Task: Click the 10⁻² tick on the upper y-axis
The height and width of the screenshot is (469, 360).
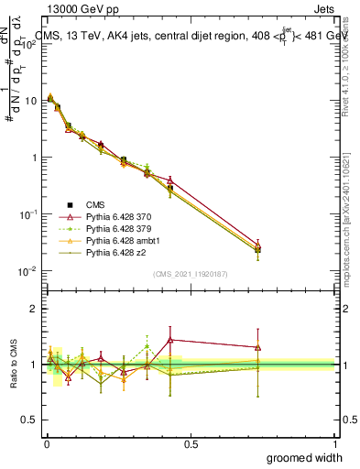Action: click(x=26, y=271)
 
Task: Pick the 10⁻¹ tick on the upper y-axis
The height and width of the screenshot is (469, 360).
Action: click(x=26, y=214)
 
